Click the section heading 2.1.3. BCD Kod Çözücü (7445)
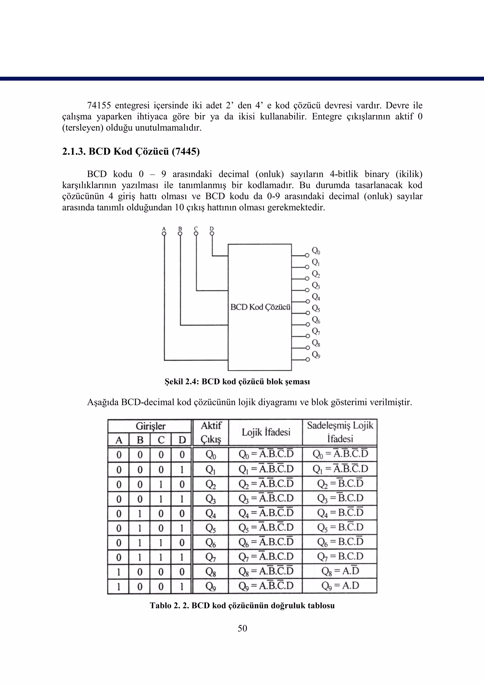tap(131, 152)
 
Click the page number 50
tap(242, 628)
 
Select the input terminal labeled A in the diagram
tap(164, 233)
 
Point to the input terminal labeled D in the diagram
tap(212, 233)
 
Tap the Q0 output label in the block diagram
tap(316, 251)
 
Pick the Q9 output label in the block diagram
tap(316, 355)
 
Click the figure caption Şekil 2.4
tap(237, 382)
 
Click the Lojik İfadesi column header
tap(266, 432)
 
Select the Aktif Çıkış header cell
tap(211, 432)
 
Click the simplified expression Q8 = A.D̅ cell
tap(340, 571)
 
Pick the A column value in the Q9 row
tap(119, 586)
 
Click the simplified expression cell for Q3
tap(340, 498)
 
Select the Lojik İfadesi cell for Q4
tap(266, 513)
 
